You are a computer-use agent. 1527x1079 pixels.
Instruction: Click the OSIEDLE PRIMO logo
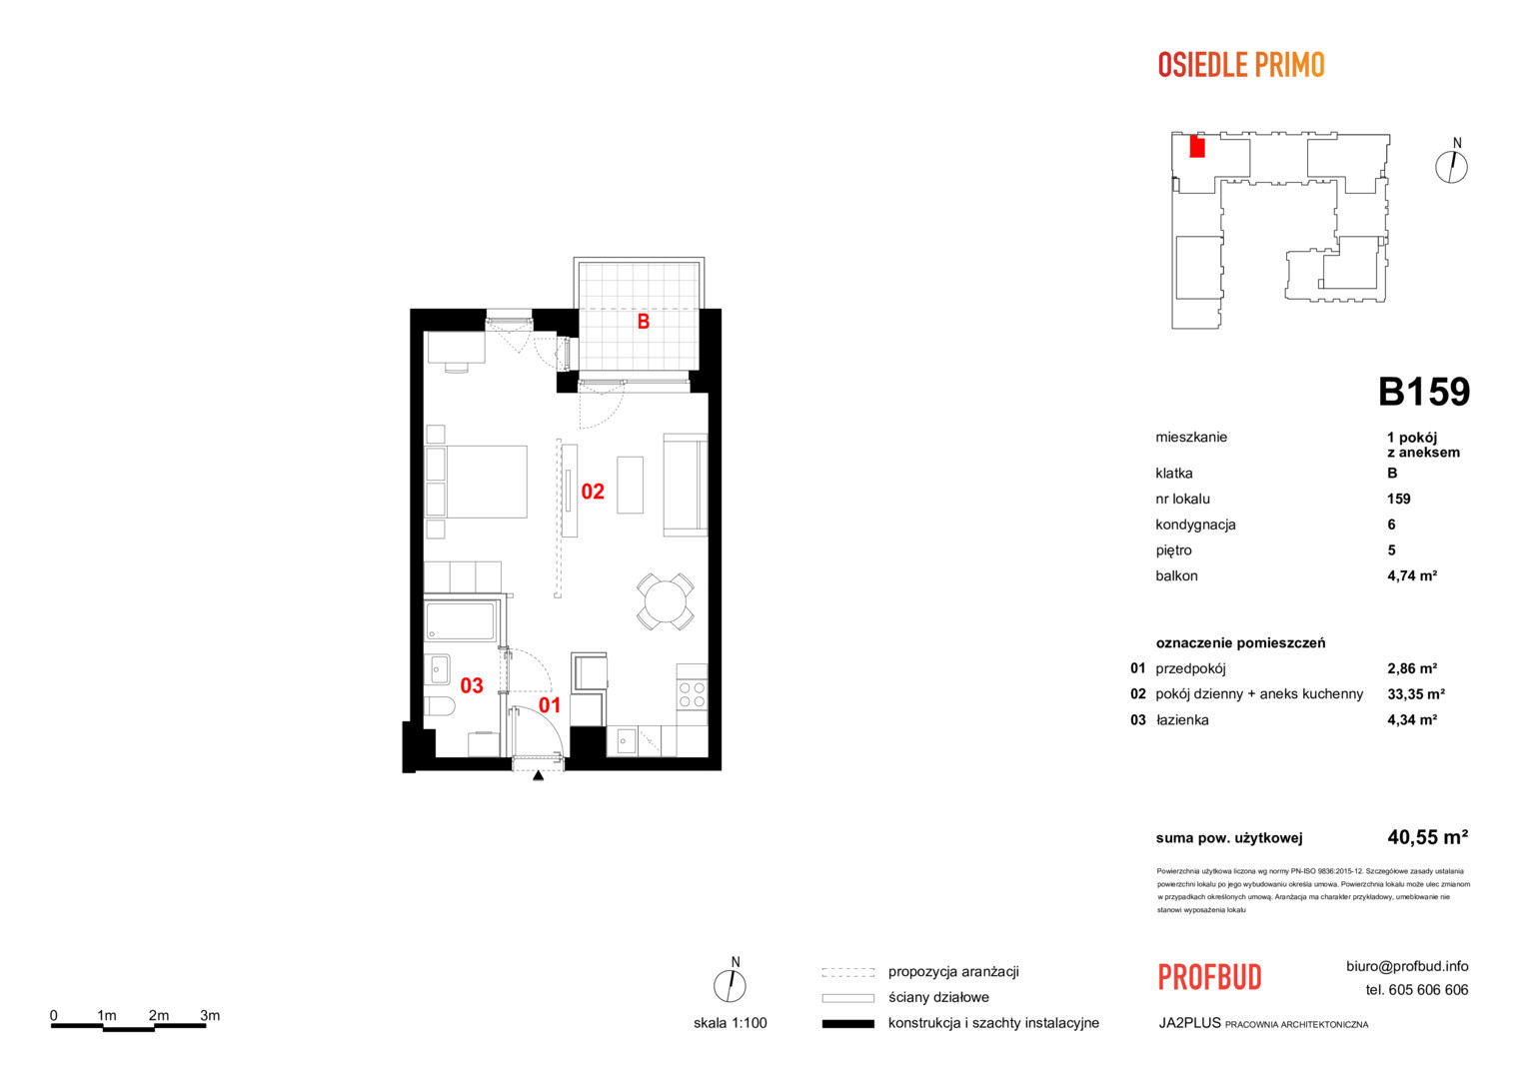1241,65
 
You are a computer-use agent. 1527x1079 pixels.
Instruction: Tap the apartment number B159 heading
1423,392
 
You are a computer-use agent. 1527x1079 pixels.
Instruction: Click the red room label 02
593,492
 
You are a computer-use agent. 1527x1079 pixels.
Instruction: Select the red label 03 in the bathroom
472,685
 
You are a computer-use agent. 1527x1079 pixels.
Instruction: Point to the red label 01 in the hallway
550,705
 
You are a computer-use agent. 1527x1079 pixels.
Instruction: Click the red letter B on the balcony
643,322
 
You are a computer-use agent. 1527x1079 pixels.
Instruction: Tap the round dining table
666,601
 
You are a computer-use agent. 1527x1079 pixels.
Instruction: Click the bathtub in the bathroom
460,621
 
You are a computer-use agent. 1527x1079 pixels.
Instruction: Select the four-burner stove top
692,694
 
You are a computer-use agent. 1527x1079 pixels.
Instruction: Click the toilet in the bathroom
439,706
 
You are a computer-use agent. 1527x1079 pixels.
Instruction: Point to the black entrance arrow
538,775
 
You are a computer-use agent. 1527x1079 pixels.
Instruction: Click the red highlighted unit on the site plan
1197,147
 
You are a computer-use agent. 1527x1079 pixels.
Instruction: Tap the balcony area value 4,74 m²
1412,576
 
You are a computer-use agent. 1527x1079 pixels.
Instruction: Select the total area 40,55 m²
1427,837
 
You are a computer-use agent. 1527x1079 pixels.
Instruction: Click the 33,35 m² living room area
1416,694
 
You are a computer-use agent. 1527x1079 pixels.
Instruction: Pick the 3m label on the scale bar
210,1016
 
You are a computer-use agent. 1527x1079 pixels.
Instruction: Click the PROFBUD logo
1210,977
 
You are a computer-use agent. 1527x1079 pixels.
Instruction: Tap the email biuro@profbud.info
1407,966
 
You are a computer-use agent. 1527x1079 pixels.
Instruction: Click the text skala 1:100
731,1023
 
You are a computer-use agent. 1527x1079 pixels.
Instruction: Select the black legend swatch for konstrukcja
848,1024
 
